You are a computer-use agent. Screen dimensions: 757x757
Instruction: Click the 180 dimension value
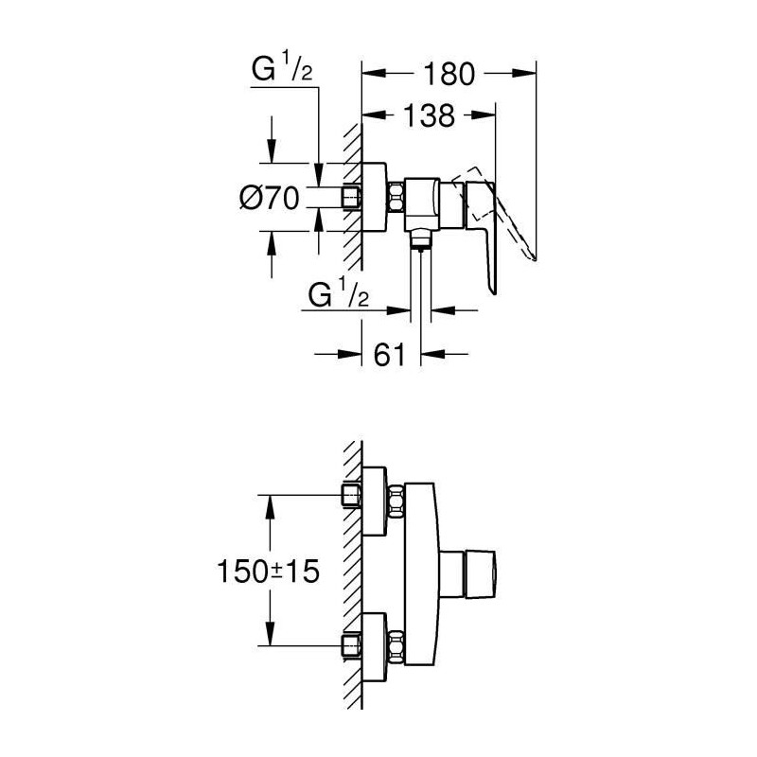(449, 74)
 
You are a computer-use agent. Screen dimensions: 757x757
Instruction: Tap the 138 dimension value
(430, 115)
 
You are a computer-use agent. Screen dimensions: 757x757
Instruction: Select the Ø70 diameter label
(270, 198)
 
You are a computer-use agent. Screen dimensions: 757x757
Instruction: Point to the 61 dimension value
(389, 354)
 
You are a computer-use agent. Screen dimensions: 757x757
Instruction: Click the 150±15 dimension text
(269, 572)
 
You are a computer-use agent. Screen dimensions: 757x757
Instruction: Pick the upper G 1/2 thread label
(282, 68)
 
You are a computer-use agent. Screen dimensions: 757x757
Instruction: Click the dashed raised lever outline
(498, 212)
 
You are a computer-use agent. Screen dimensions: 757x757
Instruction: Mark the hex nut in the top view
(396, 198)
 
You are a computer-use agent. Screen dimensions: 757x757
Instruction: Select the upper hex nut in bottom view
(396, 502)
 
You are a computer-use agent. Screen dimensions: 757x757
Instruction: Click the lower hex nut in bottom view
(396, 647)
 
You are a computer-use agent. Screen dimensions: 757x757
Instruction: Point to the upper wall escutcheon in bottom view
(374, 502)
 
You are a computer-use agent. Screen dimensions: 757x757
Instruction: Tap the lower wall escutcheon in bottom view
(374, 648)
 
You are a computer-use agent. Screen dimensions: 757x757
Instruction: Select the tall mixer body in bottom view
(421, 574)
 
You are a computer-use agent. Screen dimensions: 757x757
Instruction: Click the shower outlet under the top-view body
(420, 240)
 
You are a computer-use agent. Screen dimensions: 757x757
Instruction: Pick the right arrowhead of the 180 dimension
(524, 74)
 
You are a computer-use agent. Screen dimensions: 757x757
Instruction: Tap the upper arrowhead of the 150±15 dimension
(270, 508)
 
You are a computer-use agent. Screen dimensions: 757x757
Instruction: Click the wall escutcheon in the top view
(374, 198)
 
